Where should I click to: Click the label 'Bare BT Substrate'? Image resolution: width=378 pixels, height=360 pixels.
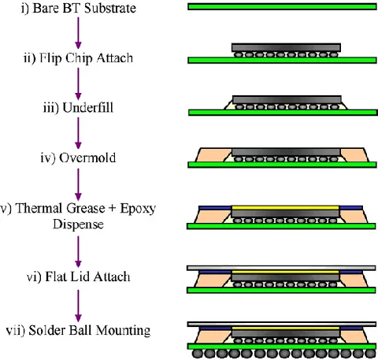click(84, 8)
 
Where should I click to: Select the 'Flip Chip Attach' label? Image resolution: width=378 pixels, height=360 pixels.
click(86, 58)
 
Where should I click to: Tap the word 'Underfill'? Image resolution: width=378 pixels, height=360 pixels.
click(88, 108)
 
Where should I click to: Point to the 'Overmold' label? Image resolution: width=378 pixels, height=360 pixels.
click(87, 158)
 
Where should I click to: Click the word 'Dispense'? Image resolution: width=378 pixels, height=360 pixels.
click(78, 225)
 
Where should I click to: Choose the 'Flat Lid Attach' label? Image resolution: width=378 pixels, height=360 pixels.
click(87, 276)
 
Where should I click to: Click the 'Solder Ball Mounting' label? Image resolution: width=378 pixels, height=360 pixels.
click(89, 330)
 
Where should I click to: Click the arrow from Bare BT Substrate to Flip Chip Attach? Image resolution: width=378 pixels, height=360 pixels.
click(78, 33)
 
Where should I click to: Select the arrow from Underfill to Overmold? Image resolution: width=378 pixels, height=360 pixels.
click(78, 133)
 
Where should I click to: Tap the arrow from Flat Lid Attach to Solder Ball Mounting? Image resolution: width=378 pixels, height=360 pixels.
click(78, 306)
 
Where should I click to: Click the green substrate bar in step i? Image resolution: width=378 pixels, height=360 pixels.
click(282, 6)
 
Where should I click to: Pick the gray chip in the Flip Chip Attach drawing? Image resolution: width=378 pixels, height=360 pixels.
click(286, 47)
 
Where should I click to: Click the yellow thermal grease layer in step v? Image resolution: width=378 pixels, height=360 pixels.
click(285, 208)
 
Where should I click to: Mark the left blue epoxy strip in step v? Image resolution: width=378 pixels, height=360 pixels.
click(215, 208)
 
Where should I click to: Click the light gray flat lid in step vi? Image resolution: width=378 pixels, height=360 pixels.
click(281, 268)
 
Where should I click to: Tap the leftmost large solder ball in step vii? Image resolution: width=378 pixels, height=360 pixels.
click(197, 354)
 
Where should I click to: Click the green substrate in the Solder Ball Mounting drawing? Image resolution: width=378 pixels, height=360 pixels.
click(282, 347)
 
